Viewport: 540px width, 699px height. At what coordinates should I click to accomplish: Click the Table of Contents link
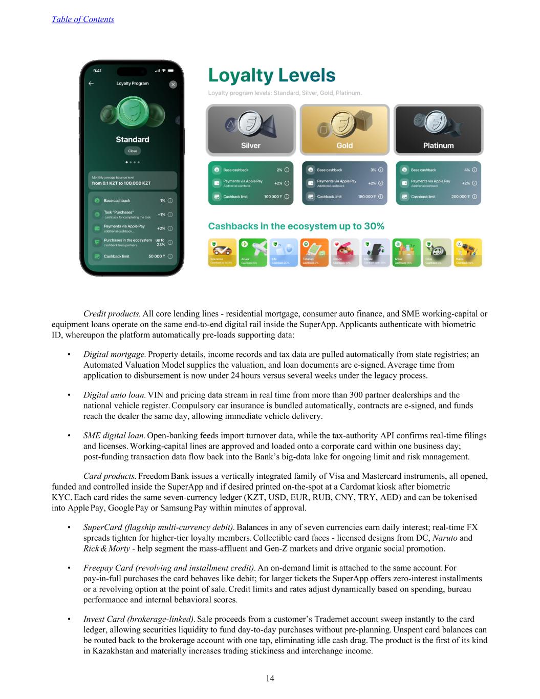point(83,19)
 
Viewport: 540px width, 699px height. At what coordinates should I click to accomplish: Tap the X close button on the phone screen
point(173,84)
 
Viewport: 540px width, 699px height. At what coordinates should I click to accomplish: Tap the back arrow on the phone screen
point(91,83)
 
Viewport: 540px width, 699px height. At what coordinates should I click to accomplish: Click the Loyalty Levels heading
point(271,76)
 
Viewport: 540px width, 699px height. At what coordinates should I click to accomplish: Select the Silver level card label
point(250,145)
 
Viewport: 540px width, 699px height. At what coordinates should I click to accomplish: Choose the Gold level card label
point(344,145)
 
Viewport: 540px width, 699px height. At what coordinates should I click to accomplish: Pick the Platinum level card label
point(438,145)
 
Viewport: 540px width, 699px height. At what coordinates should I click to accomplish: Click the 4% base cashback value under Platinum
point(466,170)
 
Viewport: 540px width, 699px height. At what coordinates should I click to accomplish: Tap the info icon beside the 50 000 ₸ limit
point(170,256)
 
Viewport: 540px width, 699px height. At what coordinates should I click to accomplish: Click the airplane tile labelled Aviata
point(253,252)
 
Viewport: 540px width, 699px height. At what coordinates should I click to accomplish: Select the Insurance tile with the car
point(222,252)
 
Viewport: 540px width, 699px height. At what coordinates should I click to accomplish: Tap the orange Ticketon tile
point(314,252)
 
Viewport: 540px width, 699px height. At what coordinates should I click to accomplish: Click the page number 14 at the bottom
point(270,679)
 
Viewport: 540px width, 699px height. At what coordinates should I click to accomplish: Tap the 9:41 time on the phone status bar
point(97,70)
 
